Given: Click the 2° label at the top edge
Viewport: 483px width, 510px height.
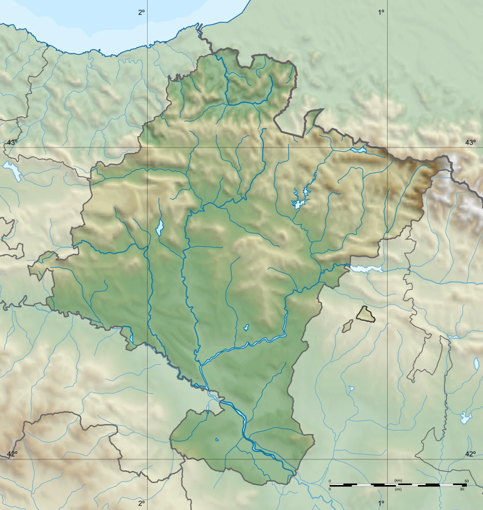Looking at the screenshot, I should click(x=141, y=12).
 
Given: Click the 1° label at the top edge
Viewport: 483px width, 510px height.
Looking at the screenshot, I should click(x=381, y=12).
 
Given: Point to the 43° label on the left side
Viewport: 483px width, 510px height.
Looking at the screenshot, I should click(x=12, y=142).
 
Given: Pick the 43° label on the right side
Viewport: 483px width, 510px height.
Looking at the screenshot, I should click(x=470, y=142).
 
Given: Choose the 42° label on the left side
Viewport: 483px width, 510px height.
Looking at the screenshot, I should click(x=12, y=454).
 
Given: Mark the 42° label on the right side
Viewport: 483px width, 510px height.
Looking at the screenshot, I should click(x=470, y=454).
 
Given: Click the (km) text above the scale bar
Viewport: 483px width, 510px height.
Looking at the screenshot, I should click(x=398, y=480).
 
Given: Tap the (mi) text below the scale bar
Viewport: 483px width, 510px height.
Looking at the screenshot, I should click(x=398, y=489).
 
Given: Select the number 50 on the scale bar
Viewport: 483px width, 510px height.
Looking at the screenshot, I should click(x=467, y=481).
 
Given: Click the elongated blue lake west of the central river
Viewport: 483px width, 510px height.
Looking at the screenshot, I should click(x=160, y=227).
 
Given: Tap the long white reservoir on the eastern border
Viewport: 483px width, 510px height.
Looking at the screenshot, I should click(x=366, y=269).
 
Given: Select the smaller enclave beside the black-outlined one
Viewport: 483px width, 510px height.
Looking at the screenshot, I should click(x=348, y=326).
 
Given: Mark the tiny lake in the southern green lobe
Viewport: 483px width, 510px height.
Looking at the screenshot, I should click(x=217, y=439).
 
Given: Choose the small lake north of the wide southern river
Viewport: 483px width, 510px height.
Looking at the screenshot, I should click(x=246, y=327).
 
